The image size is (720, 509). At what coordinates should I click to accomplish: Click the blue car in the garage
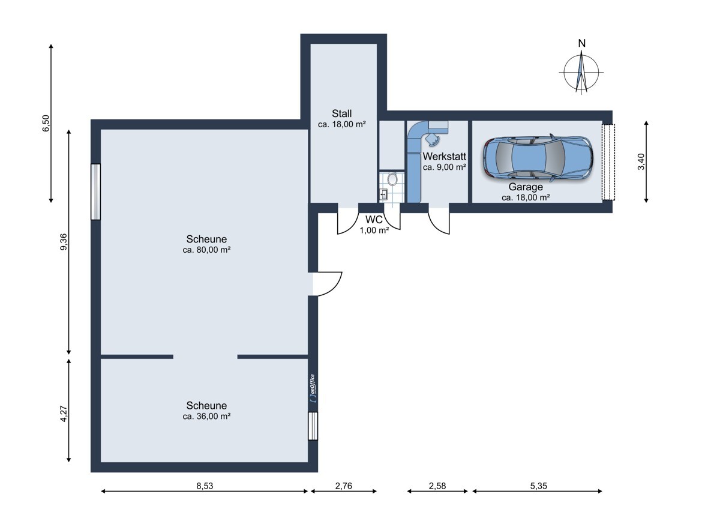coord(538,158)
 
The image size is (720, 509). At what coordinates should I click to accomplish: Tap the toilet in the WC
coord(392,179)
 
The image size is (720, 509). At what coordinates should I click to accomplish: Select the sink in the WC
coord(384,194)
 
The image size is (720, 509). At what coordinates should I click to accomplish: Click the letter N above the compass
coord(582,43)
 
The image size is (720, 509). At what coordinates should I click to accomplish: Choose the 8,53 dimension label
coord(205,486)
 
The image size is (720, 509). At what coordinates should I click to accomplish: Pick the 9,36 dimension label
coord(64,242)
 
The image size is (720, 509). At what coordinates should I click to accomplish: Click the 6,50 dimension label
coord(46,123)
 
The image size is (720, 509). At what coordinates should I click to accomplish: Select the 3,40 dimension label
coord(641,161)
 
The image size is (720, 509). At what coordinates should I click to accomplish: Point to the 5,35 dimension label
coord(538,486)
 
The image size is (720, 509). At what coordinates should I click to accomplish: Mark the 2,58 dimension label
coord(437,486)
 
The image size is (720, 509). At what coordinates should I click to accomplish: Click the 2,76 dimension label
coord(344,486)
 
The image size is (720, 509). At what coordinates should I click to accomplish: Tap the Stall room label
coord(341,113)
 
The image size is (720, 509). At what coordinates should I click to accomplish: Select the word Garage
coord(526,187)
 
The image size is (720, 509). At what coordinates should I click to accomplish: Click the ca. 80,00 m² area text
coord(206,250)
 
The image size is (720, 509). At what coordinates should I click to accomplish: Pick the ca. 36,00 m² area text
coord(206,417)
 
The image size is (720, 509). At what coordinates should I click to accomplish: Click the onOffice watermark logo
coord(313,388)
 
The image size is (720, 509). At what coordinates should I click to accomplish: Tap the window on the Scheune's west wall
coord(96,192)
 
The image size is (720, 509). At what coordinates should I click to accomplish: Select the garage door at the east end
coord(608,162)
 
